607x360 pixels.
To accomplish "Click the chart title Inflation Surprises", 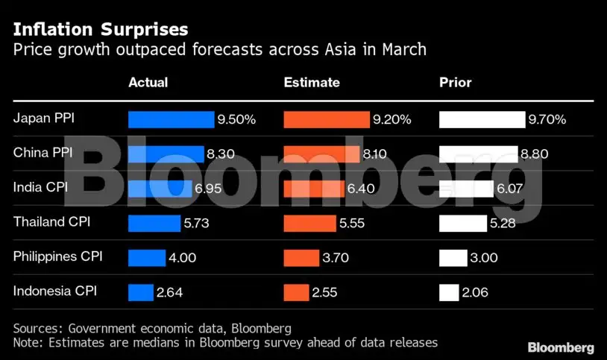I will coord(101,30).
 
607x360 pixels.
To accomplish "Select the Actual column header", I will coord(148,82).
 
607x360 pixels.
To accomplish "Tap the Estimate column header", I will coord(312,82).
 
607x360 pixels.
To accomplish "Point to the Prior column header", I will coord(456,82).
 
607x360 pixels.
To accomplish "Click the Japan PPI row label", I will coord(44,118).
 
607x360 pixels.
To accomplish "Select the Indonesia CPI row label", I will coord(55,291).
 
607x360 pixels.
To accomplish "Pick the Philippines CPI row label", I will coord(58,256).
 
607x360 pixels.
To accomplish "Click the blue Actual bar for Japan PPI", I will coord(171,119).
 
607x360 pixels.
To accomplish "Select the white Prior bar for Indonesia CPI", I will coord(449,292).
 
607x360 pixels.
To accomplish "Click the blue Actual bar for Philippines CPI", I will coord(146,258).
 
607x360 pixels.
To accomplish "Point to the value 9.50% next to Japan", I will coord(237,119).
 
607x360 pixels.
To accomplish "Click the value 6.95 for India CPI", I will coord(210,189).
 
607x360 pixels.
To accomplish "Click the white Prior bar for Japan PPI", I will coord(482,119).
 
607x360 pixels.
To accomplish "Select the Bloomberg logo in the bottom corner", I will coord(561,348).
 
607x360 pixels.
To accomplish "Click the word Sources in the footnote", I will coord(37,328).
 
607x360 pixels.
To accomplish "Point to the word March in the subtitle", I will coord(407,51).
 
